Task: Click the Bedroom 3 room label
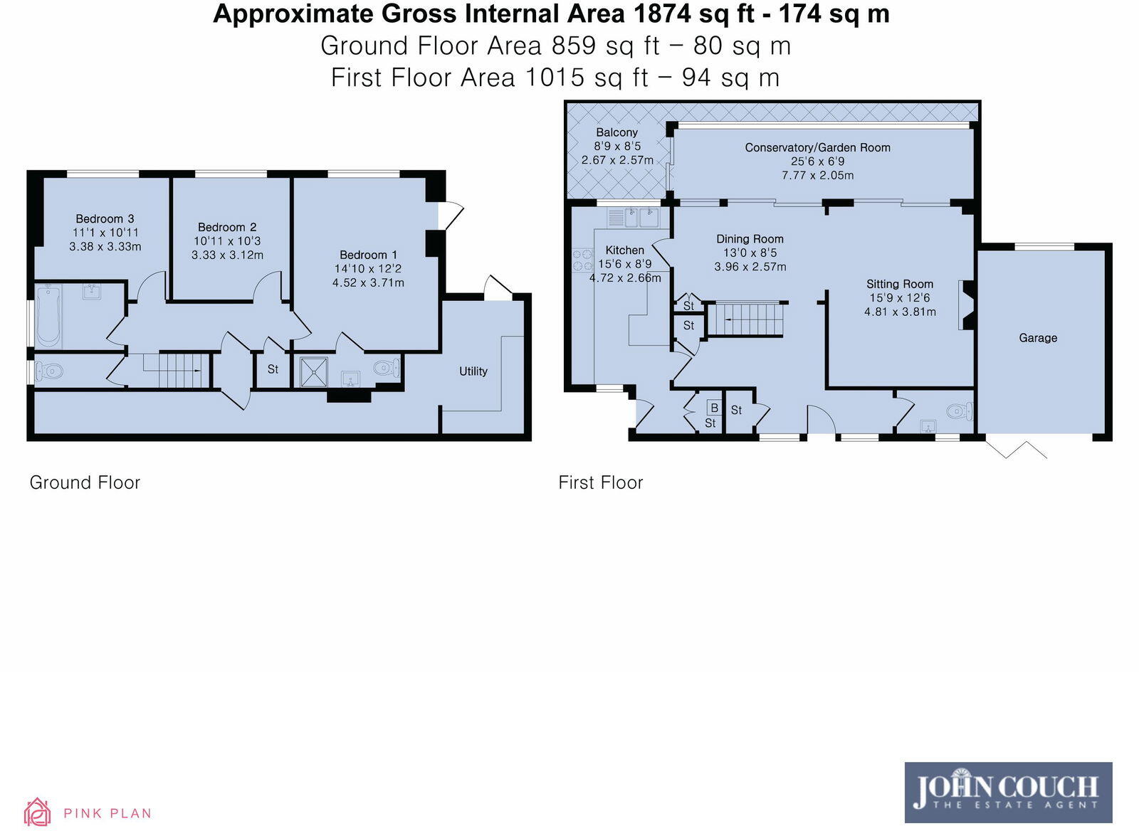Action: coord(105,218)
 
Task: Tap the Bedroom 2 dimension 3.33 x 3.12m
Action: coord(227,255)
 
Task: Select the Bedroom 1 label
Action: coord(368,255)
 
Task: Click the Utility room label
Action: coord(473,371)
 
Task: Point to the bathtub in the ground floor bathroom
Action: coord(48,316)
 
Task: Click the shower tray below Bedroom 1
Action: coord(314,371)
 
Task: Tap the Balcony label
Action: coord(616,132)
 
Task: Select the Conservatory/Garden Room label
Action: coord(817,147)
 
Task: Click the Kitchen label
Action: coord(624,250)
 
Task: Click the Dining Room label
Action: coord(750,239)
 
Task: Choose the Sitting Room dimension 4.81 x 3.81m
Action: coord(900,312)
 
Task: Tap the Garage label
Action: coord(1037,338)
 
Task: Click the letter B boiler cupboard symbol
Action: coord(714,408)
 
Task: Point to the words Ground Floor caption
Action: coord(85,482)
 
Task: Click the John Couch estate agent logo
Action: coord(1007,792)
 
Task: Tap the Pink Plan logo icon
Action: coord(37,812)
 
